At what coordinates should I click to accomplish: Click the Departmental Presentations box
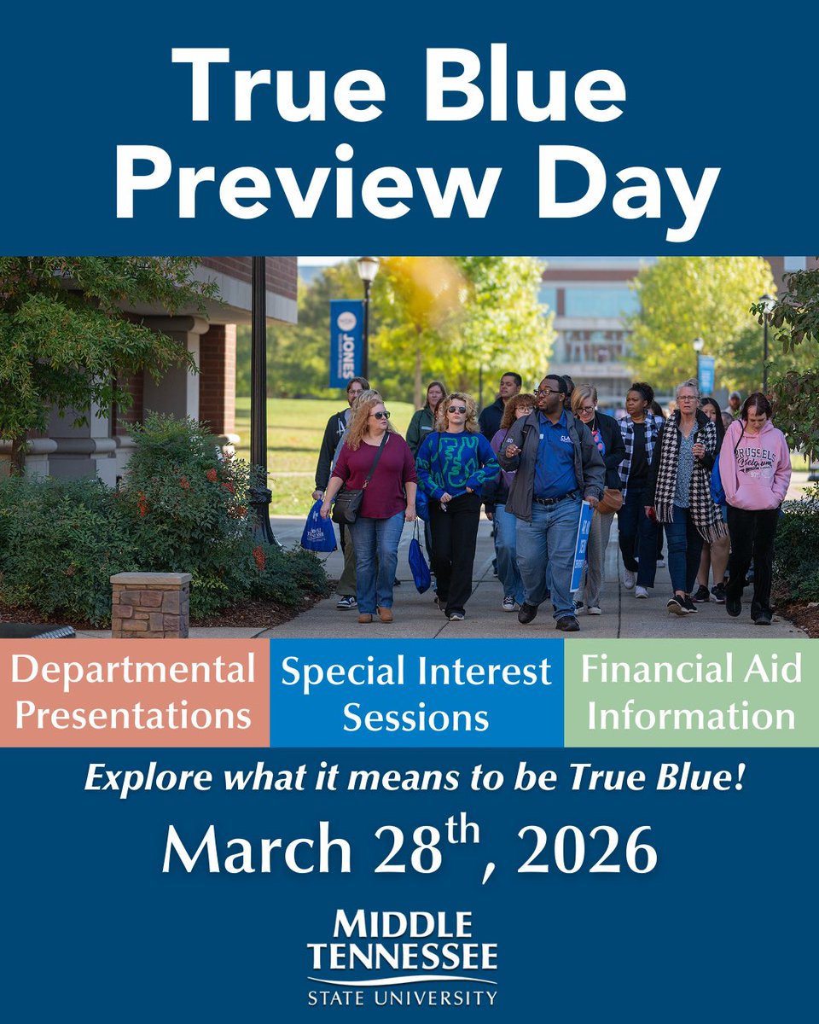[134, 692]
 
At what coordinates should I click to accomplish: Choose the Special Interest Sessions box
[416, 692]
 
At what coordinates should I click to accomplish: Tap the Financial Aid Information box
[691, 692]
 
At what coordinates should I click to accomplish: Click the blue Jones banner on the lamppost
[346, 344]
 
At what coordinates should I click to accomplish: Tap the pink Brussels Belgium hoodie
[754, 465]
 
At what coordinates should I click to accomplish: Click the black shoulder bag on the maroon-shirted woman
[346, 505]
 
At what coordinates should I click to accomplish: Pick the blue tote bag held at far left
[318, 529]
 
